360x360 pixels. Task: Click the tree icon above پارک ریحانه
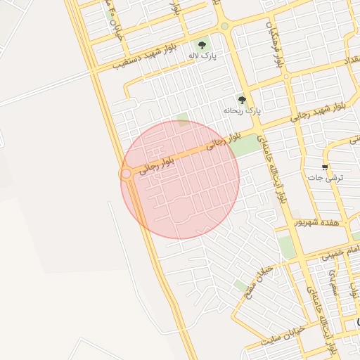point(243,101)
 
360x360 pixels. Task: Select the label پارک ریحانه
point(242,111)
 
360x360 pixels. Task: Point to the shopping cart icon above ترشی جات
point(325,167)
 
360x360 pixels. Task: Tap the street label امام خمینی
point(340,251)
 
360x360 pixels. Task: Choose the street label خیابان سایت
point(283,335)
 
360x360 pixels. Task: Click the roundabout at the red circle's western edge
point(127,173)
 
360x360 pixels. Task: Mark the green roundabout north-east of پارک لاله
point(224,26)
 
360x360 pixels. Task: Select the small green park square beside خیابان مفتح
point(242,285)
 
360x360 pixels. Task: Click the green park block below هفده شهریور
point(285,246)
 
